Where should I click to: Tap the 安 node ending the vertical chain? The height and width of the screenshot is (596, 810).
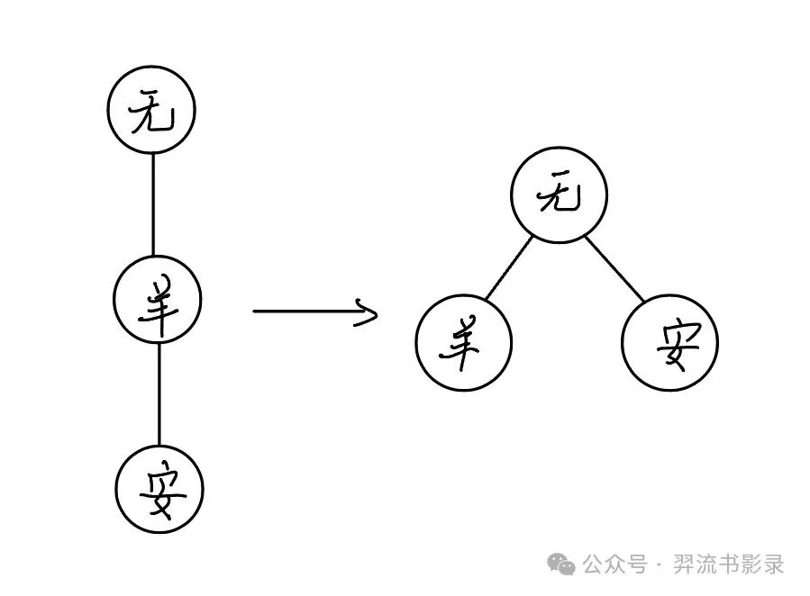pyautogui.click(x=160, y=490)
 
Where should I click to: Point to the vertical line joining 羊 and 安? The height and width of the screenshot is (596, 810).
pyautogui.click(x=159, y=395)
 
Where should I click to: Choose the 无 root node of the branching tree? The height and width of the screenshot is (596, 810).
pyautogui.click(x=558, y=196)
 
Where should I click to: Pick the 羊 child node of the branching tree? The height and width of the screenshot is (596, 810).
pyautogui.click(x=463, y=343)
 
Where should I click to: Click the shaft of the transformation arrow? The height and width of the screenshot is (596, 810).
pyautogui.click(x=306, y=312)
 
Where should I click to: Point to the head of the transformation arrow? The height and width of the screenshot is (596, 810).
pyautogui.click(x=368, y=312)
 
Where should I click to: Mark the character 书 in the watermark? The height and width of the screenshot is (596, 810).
pyautogui.click(x=733, y=564)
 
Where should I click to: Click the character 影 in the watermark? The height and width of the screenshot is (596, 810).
pyautogui.click(x=756, y=564)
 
